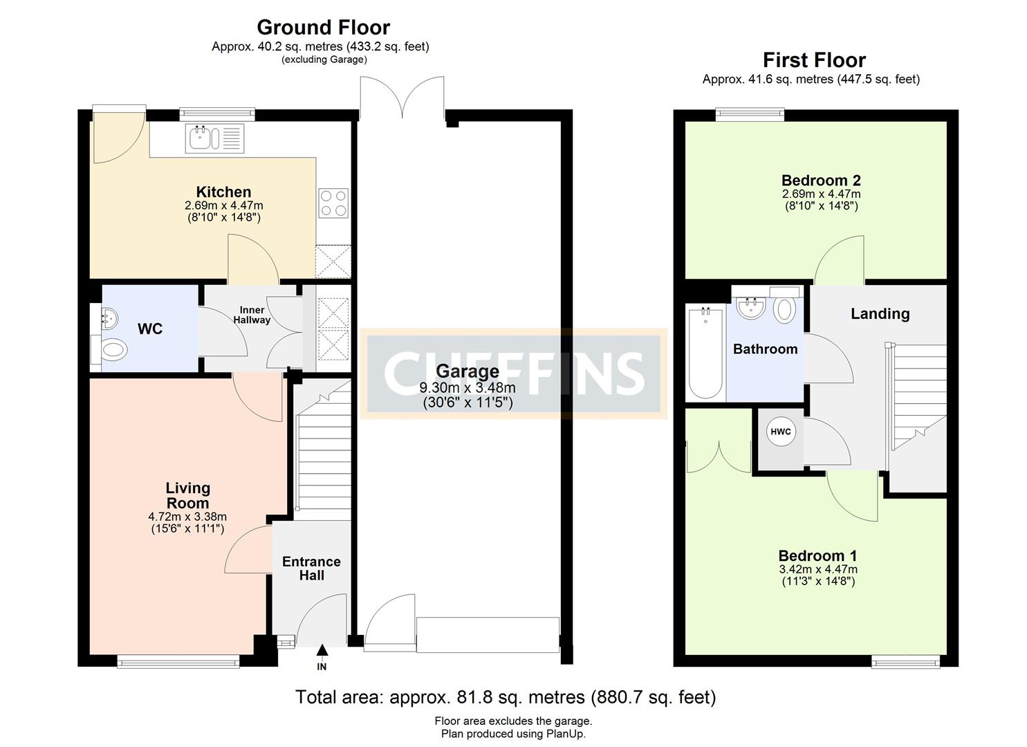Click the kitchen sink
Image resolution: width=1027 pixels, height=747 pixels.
click(x=214, y=138)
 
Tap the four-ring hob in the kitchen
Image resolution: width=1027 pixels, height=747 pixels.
click(x=333, y=203)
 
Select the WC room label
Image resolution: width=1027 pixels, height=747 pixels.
click(x=150, y=329)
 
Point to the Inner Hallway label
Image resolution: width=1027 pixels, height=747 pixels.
click(x=252, y=315)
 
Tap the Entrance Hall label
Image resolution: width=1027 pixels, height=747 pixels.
click(x=311, y=569)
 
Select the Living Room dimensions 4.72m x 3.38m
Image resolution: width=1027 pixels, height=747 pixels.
click(x=187, y=517)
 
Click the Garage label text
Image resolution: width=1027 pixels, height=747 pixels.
click(x=467, y=371)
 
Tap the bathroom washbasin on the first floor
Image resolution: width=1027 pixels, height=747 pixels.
click(x=750, y=308)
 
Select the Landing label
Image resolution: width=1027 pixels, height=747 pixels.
click(x=880, y=314)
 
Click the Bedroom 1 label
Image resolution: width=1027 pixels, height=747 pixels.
click(x=817, y=556)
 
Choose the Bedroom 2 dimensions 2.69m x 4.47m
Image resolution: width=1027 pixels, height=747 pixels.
click(x=821, y=194)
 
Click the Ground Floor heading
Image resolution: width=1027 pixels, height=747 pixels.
click(x=323, y=28)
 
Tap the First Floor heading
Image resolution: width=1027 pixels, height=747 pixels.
click(x=814, y=60)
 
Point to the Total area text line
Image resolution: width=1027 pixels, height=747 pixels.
click(x=506, y=697)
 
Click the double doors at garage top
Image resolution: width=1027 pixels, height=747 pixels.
click(x=402, y=98)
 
